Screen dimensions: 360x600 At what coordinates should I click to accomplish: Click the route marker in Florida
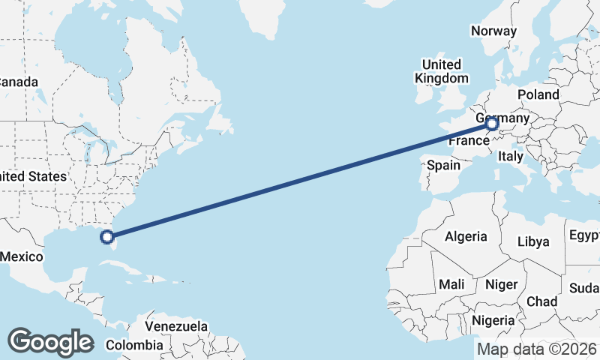click(x=107, y=237)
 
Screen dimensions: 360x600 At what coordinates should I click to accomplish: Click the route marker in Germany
click(x=493, y=124)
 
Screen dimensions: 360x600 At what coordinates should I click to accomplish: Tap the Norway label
click(x=493, y=31)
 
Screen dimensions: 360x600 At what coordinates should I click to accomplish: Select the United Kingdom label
click(x=442, y=71)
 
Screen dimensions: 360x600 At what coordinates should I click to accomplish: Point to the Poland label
click(x=538, y=94)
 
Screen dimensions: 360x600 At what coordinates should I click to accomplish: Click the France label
click(x=469, y=141)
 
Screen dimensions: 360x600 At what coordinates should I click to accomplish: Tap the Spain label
click(x=443, y=165)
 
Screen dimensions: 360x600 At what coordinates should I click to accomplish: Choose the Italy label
click(x=510, y=157)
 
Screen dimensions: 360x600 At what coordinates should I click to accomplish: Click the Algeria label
click(x=466, y=236)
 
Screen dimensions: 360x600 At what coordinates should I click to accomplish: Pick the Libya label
click(x=533, y=241)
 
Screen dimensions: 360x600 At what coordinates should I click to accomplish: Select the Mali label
click(x=451, y=284)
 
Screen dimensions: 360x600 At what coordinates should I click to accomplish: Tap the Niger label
click(x=501, y=284)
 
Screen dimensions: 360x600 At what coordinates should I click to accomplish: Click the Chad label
click(x=541, y=301)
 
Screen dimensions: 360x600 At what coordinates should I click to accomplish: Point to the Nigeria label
click(x=493, y=320)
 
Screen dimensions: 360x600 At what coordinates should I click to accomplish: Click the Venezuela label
click(x=175, y=327)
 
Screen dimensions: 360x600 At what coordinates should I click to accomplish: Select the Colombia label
click(x=134, y=345)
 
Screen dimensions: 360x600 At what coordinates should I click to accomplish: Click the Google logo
click(x=50, y=342)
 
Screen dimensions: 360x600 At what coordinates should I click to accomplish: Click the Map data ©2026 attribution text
click(x=536, y=349)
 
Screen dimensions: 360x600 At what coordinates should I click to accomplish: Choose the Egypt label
click(x=585, y=236)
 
